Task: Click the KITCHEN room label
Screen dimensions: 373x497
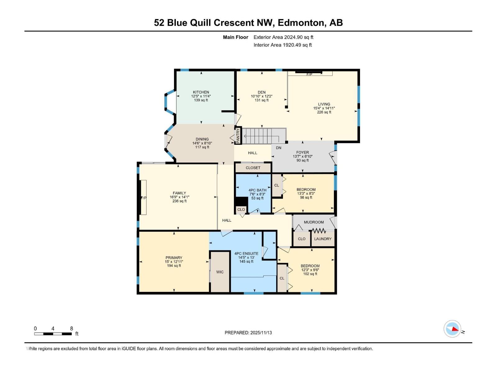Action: click(x=201, y=92)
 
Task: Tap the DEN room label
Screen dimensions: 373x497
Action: click(x=262, y=92)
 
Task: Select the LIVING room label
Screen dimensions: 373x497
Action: click(x=324, y=104)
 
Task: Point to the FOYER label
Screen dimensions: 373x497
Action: click(x=303, y=152)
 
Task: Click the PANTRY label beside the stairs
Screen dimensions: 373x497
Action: click(x=238, y=136)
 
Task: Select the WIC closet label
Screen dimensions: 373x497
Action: click(x=220, y=272)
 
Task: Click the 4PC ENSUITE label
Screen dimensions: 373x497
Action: click(x=246, y=254)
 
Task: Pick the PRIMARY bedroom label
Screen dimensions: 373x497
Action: click(x=174, y=258)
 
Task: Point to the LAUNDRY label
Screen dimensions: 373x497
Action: click(x=323, y=239)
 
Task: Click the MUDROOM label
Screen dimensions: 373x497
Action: click(x=314, y=222)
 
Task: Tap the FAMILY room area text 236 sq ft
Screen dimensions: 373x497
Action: click(x=180, y=201)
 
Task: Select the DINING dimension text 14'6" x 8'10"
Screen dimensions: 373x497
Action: click(x=202, y=143)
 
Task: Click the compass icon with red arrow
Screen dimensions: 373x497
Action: click(x=452, y=329)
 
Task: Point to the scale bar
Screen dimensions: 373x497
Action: click(x=53, y=334)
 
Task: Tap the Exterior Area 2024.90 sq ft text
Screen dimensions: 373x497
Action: click(x=283, y=37)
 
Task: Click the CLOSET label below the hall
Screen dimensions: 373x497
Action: click(x=253, y=168)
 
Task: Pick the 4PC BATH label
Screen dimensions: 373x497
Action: click(x=258, y=190)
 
